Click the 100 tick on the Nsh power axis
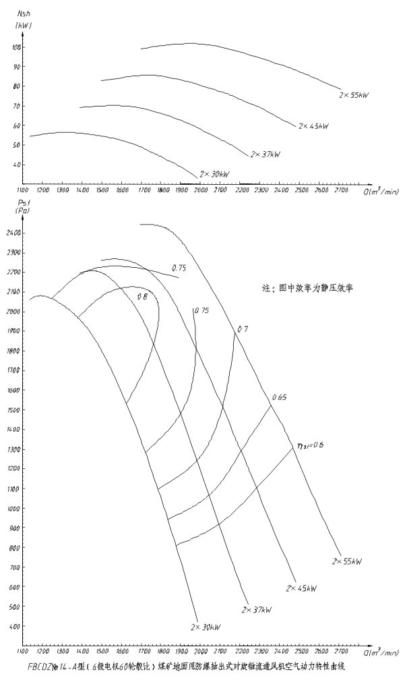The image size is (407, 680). (16, 47)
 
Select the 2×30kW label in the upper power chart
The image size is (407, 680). (215, 174)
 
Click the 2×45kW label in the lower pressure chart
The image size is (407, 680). (301, 588)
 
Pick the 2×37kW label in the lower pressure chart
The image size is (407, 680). (256, 608)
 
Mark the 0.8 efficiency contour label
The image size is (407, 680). (142, 296)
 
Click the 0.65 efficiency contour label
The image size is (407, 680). (279, 397)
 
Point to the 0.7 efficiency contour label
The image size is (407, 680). (243, 329)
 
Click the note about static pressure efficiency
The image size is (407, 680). (307, 287)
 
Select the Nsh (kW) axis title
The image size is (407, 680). (23, 19)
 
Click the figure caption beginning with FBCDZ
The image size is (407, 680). (185, 667)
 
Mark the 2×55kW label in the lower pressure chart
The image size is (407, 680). (346, 561)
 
